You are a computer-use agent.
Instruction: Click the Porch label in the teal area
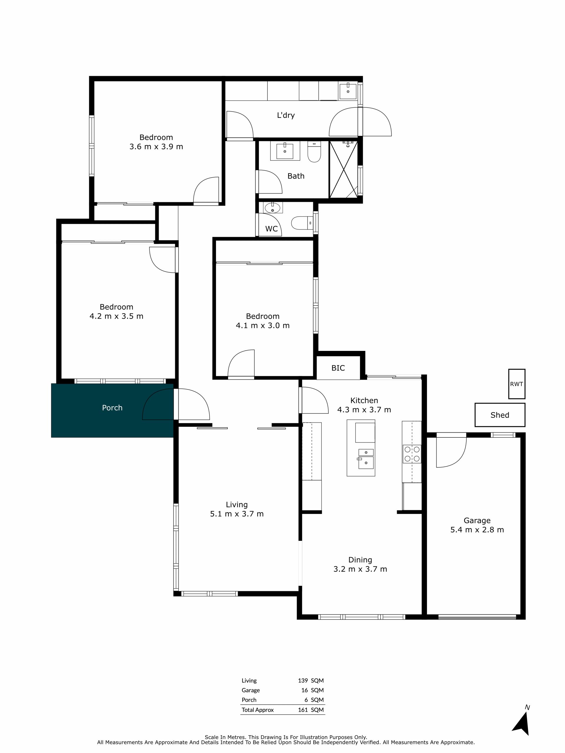[x=112, y=407]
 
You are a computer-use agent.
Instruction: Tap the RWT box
[x=516, y=384]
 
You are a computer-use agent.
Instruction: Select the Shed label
[x=500, y=415]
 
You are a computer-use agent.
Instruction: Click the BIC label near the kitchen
[x=338, y=368]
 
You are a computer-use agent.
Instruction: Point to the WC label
[x=271, y=229]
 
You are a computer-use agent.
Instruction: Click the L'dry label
[x=286, y=115]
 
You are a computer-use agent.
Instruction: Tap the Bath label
[x=296, y=176]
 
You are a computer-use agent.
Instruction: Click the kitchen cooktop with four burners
[x=412, y=454]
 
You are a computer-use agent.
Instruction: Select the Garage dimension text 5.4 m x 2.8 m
[x=477, y=530]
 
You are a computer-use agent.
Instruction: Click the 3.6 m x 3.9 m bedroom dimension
[x=156, y=147]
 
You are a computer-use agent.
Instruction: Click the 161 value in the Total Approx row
[x=303, y=710]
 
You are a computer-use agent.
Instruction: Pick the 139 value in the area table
[x=303, y=680]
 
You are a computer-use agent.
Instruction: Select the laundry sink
[x=348, y=91]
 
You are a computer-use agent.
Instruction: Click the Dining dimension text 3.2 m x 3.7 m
[x=360, y=569]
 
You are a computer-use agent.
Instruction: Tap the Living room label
[x=237, y=504]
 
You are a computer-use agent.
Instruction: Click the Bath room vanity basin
[x=285, y=151]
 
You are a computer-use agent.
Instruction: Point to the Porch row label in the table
[x=249, y=700]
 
